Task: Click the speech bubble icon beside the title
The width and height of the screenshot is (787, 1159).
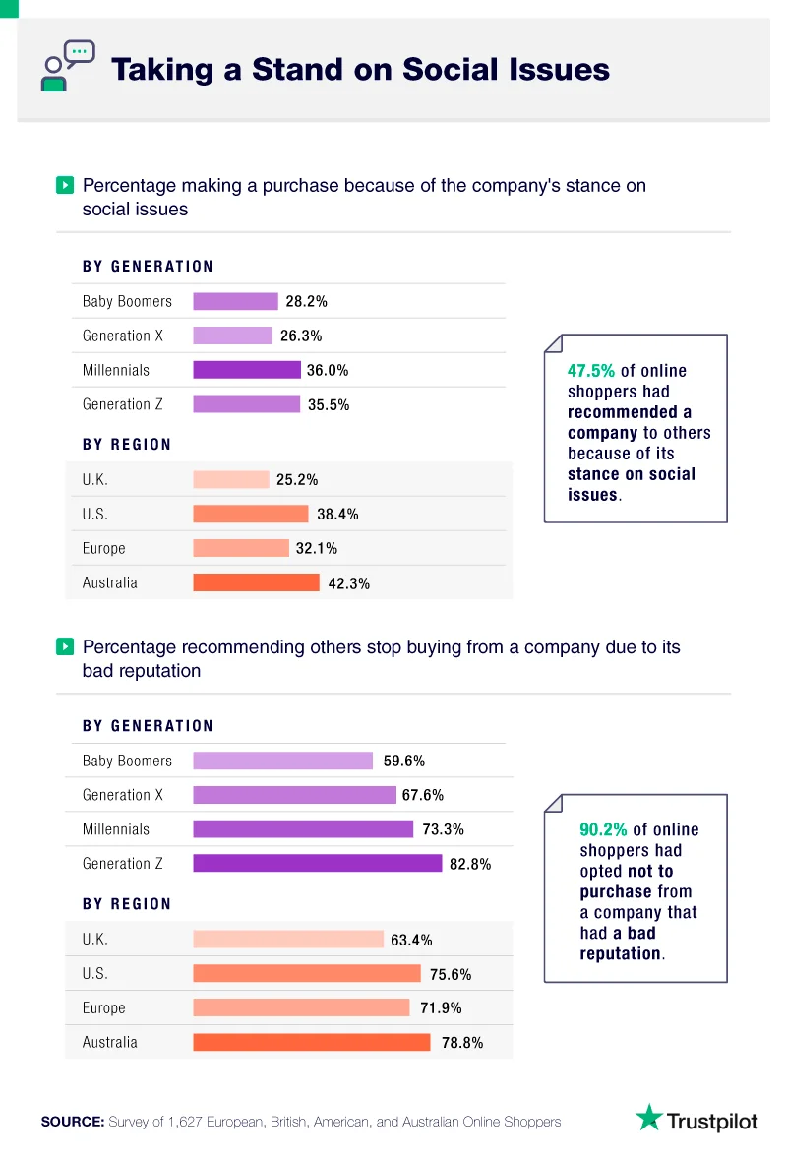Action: [x=68, y=65]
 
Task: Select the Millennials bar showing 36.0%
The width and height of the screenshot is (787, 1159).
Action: [x=246, y=370]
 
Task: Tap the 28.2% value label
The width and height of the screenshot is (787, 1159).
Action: [x=307, y=301]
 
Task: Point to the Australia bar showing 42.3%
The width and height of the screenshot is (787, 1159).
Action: [x=256, y=582]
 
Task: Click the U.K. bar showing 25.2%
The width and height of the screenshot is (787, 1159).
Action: [x=230, y=479]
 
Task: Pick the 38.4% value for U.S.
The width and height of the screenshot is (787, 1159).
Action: [x=337, y=514]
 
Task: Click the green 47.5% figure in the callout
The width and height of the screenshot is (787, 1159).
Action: [x=591, y=371]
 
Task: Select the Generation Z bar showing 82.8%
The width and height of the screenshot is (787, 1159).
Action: [x=317, y=863]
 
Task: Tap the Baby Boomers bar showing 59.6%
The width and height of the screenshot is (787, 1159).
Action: [x=282, y=761]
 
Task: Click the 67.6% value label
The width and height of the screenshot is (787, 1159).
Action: [x=424, y=795]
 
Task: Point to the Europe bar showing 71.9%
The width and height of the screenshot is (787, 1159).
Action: [x=301, y=1007]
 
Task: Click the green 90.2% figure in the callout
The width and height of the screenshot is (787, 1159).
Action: [x=603, y=830]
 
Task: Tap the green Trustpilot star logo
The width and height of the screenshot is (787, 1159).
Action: [x=648, y=1119]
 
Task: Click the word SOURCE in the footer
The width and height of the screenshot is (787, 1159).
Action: [x=72, y=1122]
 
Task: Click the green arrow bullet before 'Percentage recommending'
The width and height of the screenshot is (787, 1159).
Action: [x=65, y=647]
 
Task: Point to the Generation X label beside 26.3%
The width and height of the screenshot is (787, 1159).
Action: [x=123, y=335]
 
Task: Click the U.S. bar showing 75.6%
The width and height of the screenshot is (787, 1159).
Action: [x=306, y=973]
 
